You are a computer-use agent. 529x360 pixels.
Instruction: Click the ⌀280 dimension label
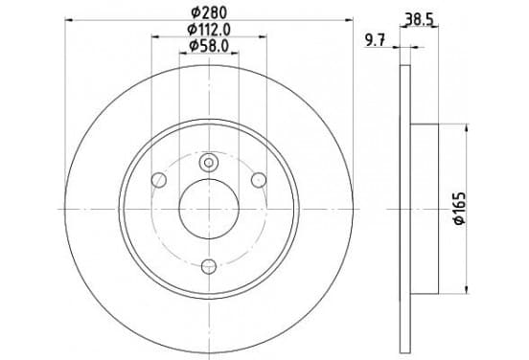pyautogui.click(x=209, y=12)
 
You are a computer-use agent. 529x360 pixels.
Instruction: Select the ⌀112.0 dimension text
pyautogui.click(x=209, y=30)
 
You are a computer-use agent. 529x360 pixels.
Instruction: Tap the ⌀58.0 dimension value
pyautogui.click(x=209, y=46)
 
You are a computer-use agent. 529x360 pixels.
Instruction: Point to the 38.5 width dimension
pyautogui.click(x=420, y=19)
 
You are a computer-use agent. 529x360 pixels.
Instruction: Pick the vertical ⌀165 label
pyautogui.click(x=459, y=209)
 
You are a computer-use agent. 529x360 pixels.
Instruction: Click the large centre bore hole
pyautogui.click(x=209, y=209)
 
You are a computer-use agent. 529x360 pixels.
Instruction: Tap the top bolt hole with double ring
pyautogui.click(x=209, y=163)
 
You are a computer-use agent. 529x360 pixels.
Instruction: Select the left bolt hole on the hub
pyautogui.click(x=159, y=180)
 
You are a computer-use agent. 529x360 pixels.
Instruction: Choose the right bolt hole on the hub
pyautogui.click(x=259, y=180)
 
